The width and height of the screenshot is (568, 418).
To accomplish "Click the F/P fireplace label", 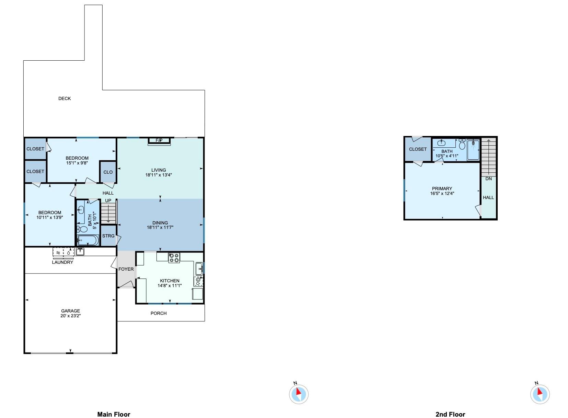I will click(159, 140).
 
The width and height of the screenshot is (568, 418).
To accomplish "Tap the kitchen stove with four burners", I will click(174, 258).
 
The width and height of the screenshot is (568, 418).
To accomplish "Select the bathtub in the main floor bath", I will click(88, 240).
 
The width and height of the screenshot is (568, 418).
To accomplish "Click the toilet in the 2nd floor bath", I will click(462, 145).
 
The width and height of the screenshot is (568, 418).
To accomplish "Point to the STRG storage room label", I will click(108, 236).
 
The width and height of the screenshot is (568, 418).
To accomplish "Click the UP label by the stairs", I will click(108, 200).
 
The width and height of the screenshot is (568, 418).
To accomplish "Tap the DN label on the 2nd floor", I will click(488, 179).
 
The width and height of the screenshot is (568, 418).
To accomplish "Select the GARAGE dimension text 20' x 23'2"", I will click(70, 316).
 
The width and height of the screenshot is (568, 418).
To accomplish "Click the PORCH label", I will click(159, 313).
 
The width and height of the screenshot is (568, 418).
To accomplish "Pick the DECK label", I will click(65, 98).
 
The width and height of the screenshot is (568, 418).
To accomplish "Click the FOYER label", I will click(126, 269).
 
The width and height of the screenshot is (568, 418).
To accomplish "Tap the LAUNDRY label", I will click(62, 262).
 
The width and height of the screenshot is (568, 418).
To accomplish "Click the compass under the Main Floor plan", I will click(299, 394).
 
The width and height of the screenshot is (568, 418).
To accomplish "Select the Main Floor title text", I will click(114, 414).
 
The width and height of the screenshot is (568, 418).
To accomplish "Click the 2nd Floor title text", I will click(450, 414).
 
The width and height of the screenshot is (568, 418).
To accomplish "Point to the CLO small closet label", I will click(108, 172).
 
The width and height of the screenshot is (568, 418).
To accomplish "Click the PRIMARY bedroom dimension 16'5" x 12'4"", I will click(442, 194).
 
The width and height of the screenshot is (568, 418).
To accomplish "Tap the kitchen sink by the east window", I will click(199, 269).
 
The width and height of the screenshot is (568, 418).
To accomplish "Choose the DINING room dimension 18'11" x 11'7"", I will click(160, 228).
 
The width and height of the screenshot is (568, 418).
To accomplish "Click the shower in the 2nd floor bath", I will click(473, 149).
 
